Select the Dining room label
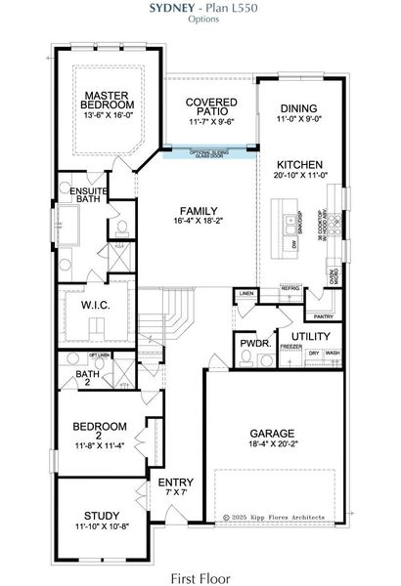pos(298,109)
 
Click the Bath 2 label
pos(88,374)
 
